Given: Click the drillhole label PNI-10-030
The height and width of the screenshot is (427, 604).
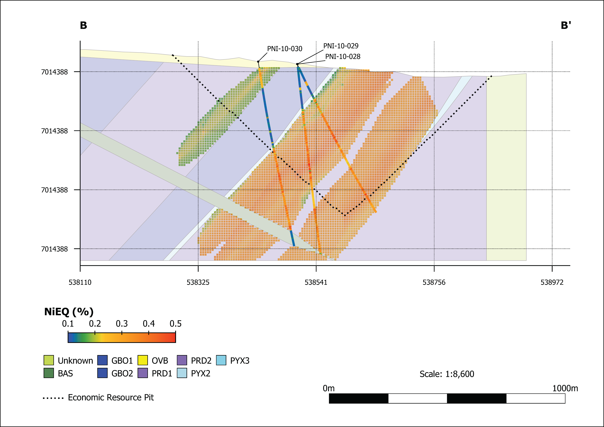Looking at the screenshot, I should (x=285, y=49).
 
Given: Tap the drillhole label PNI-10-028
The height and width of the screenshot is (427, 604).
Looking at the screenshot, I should (x=343, y=57).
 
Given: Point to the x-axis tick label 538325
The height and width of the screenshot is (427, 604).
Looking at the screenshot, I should (x=198, y=282).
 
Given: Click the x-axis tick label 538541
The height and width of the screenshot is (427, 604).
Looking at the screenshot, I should (x=316, y=282).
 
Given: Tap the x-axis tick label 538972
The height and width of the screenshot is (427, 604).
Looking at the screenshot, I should (x=552, y=282).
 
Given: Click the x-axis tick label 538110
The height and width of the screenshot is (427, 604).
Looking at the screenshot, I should (x=80, y=282).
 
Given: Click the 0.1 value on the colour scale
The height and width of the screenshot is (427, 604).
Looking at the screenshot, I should (x=68, y=324).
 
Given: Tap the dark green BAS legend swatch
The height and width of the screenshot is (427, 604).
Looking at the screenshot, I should (x=49, y=373).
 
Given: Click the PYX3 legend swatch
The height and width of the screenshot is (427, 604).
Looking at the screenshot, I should (x=221, y=360).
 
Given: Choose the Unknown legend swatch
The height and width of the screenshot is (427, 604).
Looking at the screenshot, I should (x=49, y=360).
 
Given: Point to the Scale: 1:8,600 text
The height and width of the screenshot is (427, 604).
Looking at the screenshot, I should (x=447, y=374).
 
